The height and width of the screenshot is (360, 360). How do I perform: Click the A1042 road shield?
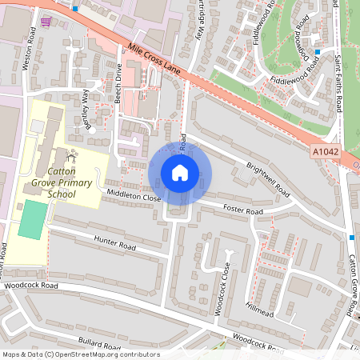pyautogui.click(x=322, y=150)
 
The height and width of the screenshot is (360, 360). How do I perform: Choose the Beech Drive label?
pyautogui.click(x=119, y=82)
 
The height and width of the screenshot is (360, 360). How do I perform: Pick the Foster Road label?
pyautogui.click(x=242, y=210)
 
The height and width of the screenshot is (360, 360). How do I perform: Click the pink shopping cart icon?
pyautogui.click(x=45, y=22)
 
